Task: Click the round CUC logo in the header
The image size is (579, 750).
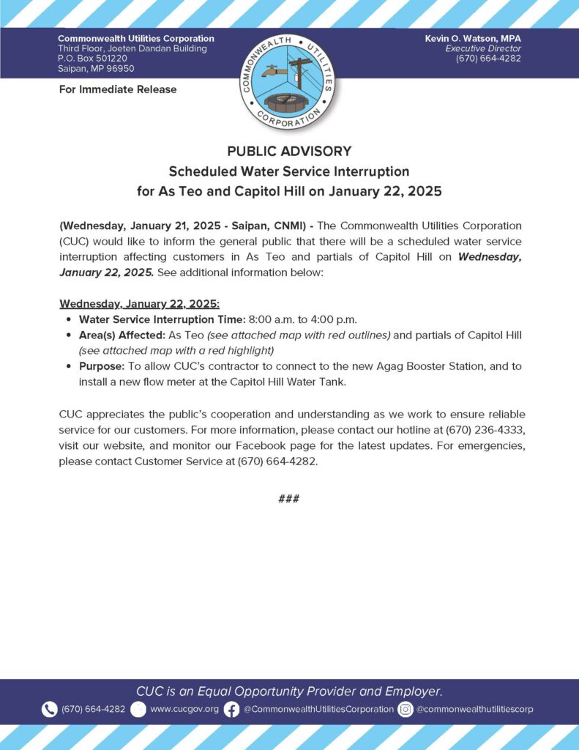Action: click(289, 81)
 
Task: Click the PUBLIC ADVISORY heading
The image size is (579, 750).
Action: click(289, 152)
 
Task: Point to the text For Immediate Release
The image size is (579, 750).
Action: click(117, 89)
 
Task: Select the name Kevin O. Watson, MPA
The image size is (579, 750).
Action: click(473, 38)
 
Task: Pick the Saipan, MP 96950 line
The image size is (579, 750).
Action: click(96, 69)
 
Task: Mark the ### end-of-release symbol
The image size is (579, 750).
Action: click(289, 500)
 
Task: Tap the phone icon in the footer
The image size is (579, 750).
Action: click(50, 709)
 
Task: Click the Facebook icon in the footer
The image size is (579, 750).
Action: click(231, 709)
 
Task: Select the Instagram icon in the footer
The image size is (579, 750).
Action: click(406, 709)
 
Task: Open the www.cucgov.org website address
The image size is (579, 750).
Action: click(184, 709)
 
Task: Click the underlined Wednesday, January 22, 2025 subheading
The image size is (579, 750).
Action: click(139, 303)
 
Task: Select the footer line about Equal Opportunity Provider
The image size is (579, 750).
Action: click(289, 691)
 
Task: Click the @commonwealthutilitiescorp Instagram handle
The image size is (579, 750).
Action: click(474, 709)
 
